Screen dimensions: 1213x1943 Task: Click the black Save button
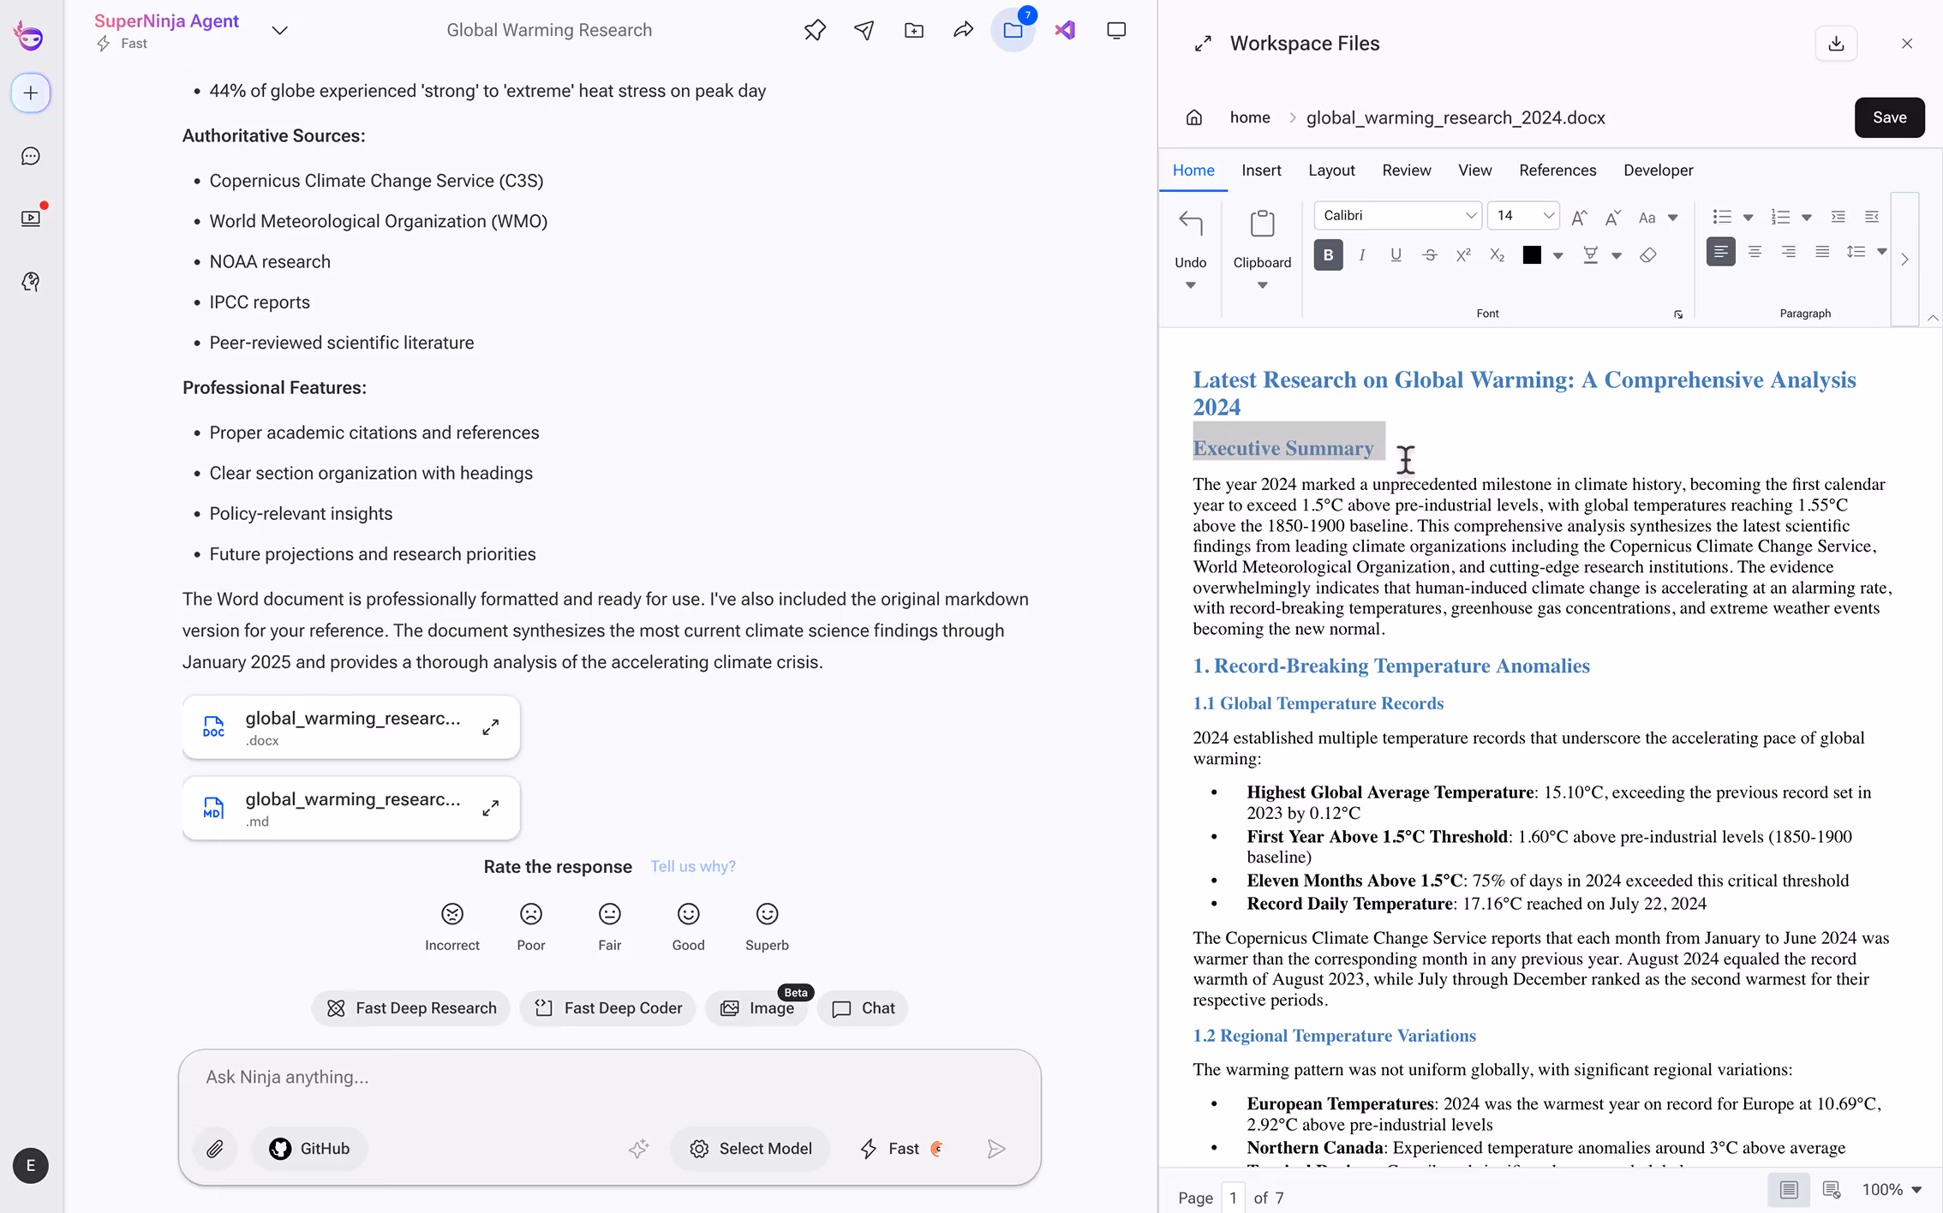(1889, 117)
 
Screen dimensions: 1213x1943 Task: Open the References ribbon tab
(1557, 170)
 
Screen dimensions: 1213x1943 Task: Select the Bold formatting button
(1328, 255)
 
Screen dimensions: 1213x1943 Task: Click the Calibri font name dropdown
(1397, 216)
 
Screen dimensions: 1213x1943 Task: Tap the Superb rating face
(767, 915)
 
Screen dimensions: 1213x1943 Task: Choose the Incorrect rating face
(452, 915)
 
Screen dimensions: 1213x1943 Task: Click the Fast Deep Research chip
(411, 1008)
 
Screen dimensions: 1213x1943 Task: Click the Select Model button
(750, 1149)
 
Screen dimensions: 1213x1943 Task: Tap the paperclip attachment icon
(215, 1149)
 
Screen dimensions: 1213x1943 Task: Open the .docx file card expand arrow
(491, 727)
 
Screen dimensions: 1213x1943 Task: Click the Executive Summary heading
(1282, 448)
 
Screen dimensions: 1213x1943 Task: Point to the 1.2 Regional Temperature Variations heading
(1334, 1036)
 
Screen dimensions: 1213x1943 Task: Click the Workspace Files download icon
(1836, 44)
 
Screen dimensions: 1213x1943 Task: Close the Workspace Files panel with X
(1907, 44)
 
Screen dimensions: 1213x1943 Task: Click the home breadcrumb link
(1249, 117)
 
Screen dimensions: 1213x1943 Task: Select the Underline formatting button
(1396, 255)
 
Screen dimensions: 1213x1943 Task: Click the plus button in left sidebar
(31, 93)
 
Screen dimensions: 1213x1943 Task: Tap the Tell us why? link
(692, 867)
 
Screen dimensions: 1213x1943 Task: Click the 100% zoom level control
(1891, 1190)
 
